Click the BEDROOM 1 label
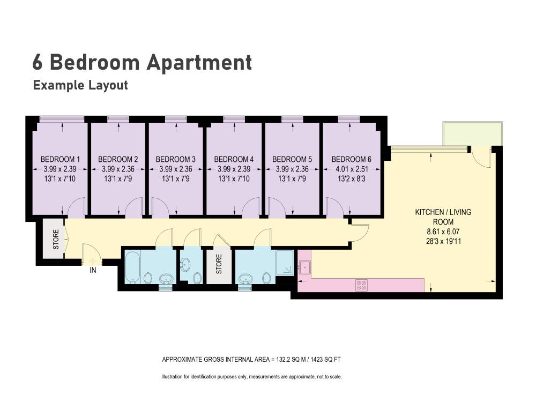tap(60, 159)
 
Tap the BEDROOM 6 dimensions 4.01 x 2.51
tap(352, 169)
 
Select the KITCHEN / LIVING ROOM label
tap(443, 217)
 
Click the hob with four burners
tap(361, 285)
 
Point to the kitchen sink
tap(304, 267)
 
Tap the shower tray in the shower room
tap(285, 263)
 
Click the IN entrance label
tap(93, 270)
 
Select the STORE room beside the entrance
tap(53, 239)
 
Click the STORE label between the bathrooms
tap(219, 264)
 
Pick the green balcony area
tap(472, 133)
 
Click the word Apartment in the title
tap(199, 63)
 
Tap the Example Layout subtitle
tap(80, 85)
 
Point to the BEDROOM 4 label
tap(234, 159)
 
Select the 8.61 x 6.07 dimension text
tap(443, 232)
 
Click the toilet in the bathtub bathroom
tap(148, 278)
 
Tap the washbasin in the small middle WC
tap(185, 264)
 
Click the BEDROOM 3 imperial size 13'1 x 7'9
tap(176, 178)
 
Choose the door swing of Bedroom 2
tap(133, 207)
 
